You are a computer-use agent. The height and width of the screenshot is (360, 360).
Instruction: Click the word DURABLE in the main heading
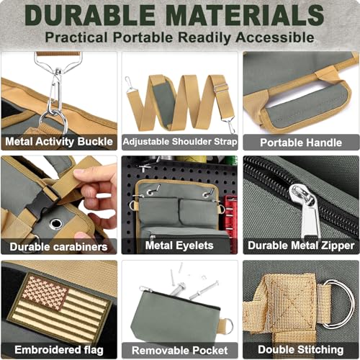click(90, 15)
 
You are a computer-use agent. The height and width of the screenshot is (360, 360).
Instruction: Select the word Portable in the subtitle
click(143, 37)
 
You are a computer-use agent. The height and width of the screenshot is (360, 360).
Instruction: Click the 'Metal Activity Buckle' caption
click(59, 142)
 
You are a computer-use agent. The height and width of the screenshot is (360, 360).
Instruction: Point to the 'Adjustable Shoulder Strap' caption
click(180, 142)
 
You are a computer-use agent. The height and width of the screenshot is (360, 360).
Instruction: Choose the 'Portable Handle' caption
click(301, 143)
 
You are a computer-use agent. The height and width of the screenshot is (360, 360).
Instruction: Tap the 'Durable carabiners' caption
click(58, 247)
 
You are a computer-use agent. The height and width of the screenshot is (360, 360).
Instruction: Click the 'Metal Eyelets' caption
click(179, 246)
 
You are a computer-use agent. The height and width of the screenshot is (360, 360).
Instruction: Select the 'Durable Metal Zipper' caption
click(301, 246)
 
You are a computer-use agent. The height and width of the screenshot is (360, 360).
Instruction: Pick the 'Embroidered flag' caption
click(59, 350)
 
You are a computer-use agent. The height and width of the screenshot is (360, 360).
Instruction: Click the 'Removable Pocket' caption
click(180, 351)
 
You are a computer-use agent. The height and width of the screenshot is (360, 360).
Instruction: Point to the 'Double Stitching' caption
click(301, 350)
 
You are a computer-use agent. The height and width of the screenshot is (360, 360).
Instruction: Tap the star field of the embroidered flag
click(45, 292)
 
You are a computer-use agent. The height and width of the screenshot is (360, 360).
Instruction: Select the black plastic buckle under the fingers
click(42, 201)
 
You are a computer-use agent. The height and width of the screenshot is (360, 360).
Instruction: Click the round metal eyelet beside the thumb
click(56, 223)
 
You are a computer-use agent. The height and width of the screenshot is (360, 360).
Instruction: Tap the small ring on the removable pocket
click(228, 326)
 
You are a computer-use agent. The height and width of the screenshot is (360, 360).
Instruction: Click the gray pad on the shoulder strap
click(163, 103)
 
